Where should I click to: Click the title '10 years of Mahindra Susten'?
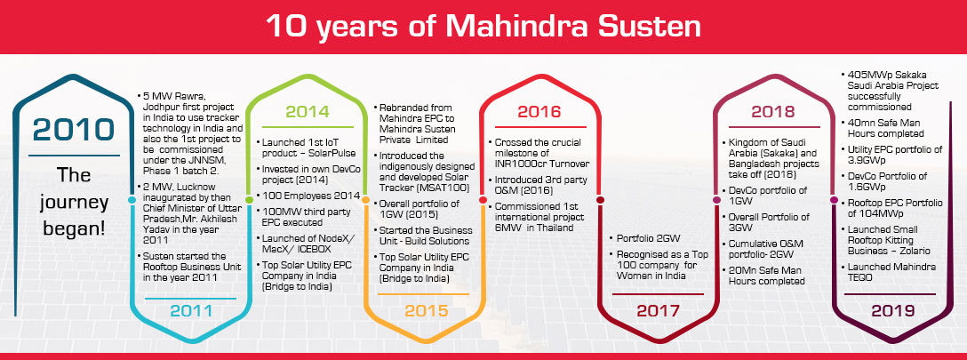click(483, 27)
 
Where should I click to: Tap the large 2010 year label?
click(74, 130)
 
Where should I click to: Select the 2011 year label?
click(191, 311)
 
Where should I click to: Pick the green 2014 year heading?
click(308, 112)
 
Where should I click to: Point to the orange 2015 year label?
click(426, 310)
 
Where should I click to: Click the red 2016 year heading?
click(539, 112)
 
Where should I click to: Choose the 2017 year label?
click(658, 311)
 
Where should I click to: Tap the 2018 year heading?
click(772, 112)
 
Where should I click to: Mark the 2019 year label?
click(892, 311)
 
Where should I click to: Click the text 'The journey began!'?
click(74, 201)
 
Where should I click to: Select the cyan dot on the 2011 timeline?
click(132, 200)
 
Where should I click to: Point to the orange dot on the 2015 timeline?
click(365, 200)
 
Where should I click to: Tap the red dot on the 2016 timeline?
click(483, 200)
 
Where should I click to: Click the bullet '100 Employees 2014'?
click(308, 196)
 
